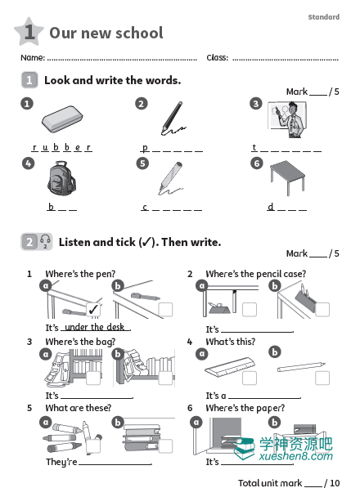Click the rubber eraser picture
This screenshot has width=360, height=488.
62,119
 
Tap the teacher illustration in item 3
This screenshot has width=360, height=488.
287,119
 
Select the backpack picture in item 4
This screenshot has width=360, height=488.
61,178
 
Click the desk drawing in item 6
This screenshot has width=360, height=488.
287,177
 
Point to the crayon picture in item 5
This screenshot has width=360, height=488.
170,178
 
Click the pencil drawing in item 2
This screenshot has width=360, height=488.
173,119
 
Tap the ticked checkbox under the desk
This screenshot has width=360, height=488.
93,309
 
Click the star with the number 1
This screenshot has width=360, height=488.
29,31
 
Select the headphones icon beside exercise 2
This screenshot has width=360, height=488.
45,241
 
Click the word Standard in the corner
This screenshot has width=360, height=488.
323,17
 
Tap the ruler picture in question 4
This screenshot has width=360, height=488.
230,367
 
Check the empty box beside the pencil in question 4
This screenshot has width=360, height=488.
322,378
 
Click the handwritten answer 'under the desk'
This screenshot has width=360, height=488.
95,327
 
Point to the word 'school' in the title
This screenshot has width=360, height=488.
137,33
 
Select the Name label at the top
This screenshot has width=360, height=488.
33,57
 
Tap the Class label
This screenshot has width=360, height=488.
218,57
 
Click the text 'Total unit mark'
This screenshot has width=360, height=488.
270,483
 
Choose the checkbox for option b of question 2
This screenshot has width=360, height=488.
322,309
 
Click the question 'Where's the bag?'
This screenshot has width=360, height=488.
80,342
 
